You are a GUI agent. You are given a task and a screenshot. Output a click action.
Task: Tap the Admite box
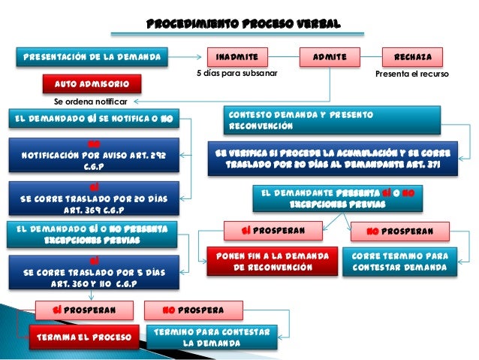(330, 56)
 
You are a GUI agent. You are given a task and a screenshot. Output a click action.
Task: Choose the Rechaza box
(412, 56)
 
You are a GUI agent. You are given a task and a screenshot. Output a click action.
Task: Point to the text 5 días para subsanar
(237, 74)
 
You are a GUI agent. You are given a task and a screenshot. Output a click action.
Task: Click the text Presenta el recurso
(411, 74)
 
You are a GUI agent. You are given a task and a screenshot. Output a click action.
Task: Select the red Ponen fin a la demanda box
(272, 261)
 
